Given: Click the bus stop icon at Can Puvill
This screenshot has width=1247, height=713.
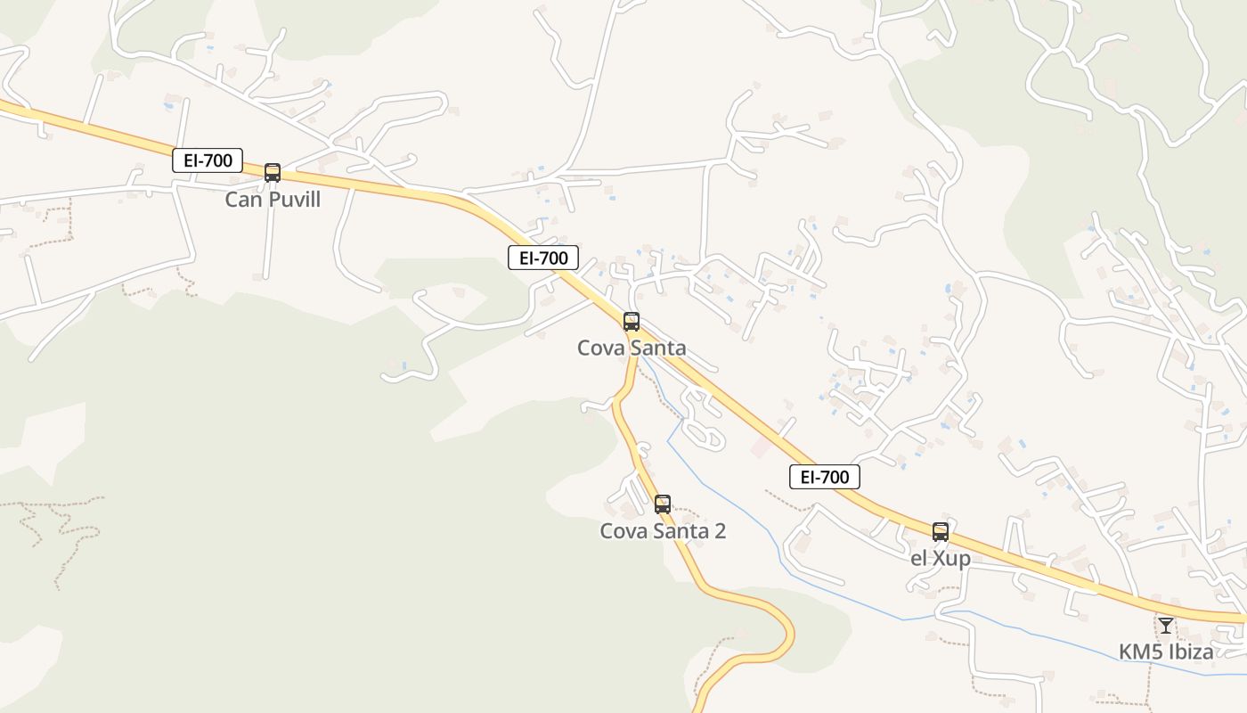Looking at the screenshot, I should pyautogui.click(x=273, y=173).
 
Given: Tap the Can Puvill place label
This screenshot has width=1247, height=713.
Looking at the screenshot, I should pyautogui.click(x=273, y=199).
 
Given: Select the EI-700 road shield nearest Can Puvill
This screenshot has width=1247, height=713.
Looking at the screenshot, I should pyautogui.click(x=208, y=160).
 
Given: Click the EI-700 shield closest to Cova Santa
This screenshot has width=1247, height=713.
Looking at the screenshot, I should pyautogui.click(x=543, y=258).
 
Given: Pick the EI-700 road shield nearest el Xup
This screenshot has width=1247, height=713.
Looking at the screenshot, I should pyautogui.click(x=825, y=477).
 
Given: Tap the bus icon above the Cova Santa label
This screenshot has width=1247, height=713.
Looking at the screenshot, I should pyautogui.click(x=632, y=322).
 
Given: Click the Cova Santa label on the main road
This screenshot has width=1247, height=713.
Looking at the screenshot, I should pyautogui.click(x=632, y=348).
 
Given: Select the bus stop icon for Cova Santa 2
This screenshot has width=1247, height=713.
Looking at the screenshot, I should pyautogui.click(x=662, y=504).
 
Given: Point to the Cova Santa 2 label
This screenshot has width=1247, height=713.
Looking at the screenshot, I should pyautogui.click(x=663, y=531).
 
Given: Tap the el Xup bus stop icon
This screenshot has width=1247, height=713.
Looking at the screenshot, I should pyautogui.click(x=941, y=532).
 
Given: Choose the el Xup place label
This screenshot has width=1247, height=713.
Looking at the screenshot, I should pyautogui.click(x=941, y=559).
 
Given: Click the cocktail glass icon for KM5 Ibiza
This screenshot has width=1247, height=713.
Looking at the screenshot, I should pyautogui.click(x=1166, y=626).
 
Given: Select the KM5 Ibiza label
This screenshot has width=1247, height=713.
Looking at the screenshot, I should pyautogui.click(x=1166, y=652).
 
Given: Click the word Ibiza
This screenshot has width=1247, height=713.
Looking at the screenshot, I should pyautogui.click(x=1189, y=652).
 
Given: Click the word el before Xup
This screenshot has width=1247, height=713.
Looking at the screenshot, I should pyautogui.click(x=919, y=559).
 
